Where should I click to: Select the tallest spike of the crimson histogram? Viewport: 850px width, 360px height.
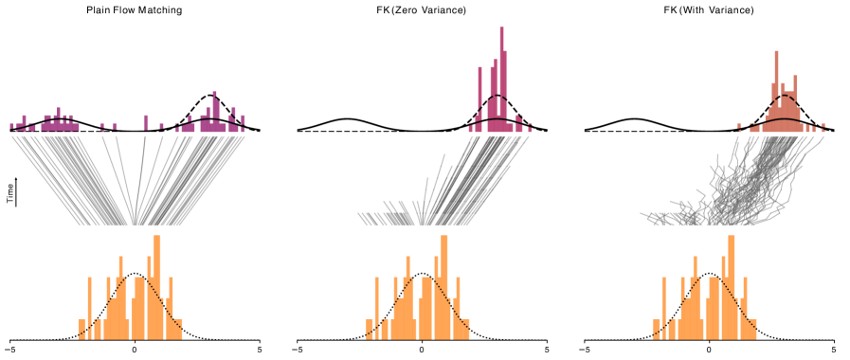tap(501, 76)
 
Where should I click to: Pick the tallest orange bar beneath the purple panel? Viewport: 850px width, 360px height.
tap(157, 284)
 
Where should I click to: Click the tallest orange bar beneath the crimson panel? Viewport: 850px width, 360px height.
tap(444, 284)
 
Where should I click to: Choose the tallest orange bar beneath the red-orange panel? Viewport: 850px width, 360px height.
tap(731, 284)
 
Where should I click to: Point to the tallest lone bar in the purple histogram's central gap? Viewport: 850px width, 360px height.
tap(146, 122)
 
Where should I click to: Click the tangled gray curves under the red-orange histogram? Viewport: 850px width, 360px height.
tap(739, 189)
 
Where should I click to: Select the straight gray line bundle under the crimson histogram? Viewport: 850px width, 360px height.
tap(474, 180)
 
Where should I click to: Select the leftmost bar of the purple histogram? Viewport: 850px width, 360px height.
tap(12, 126)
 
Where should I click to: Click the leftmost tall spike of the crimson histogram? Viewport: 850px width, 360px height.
tap(480, 95)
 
